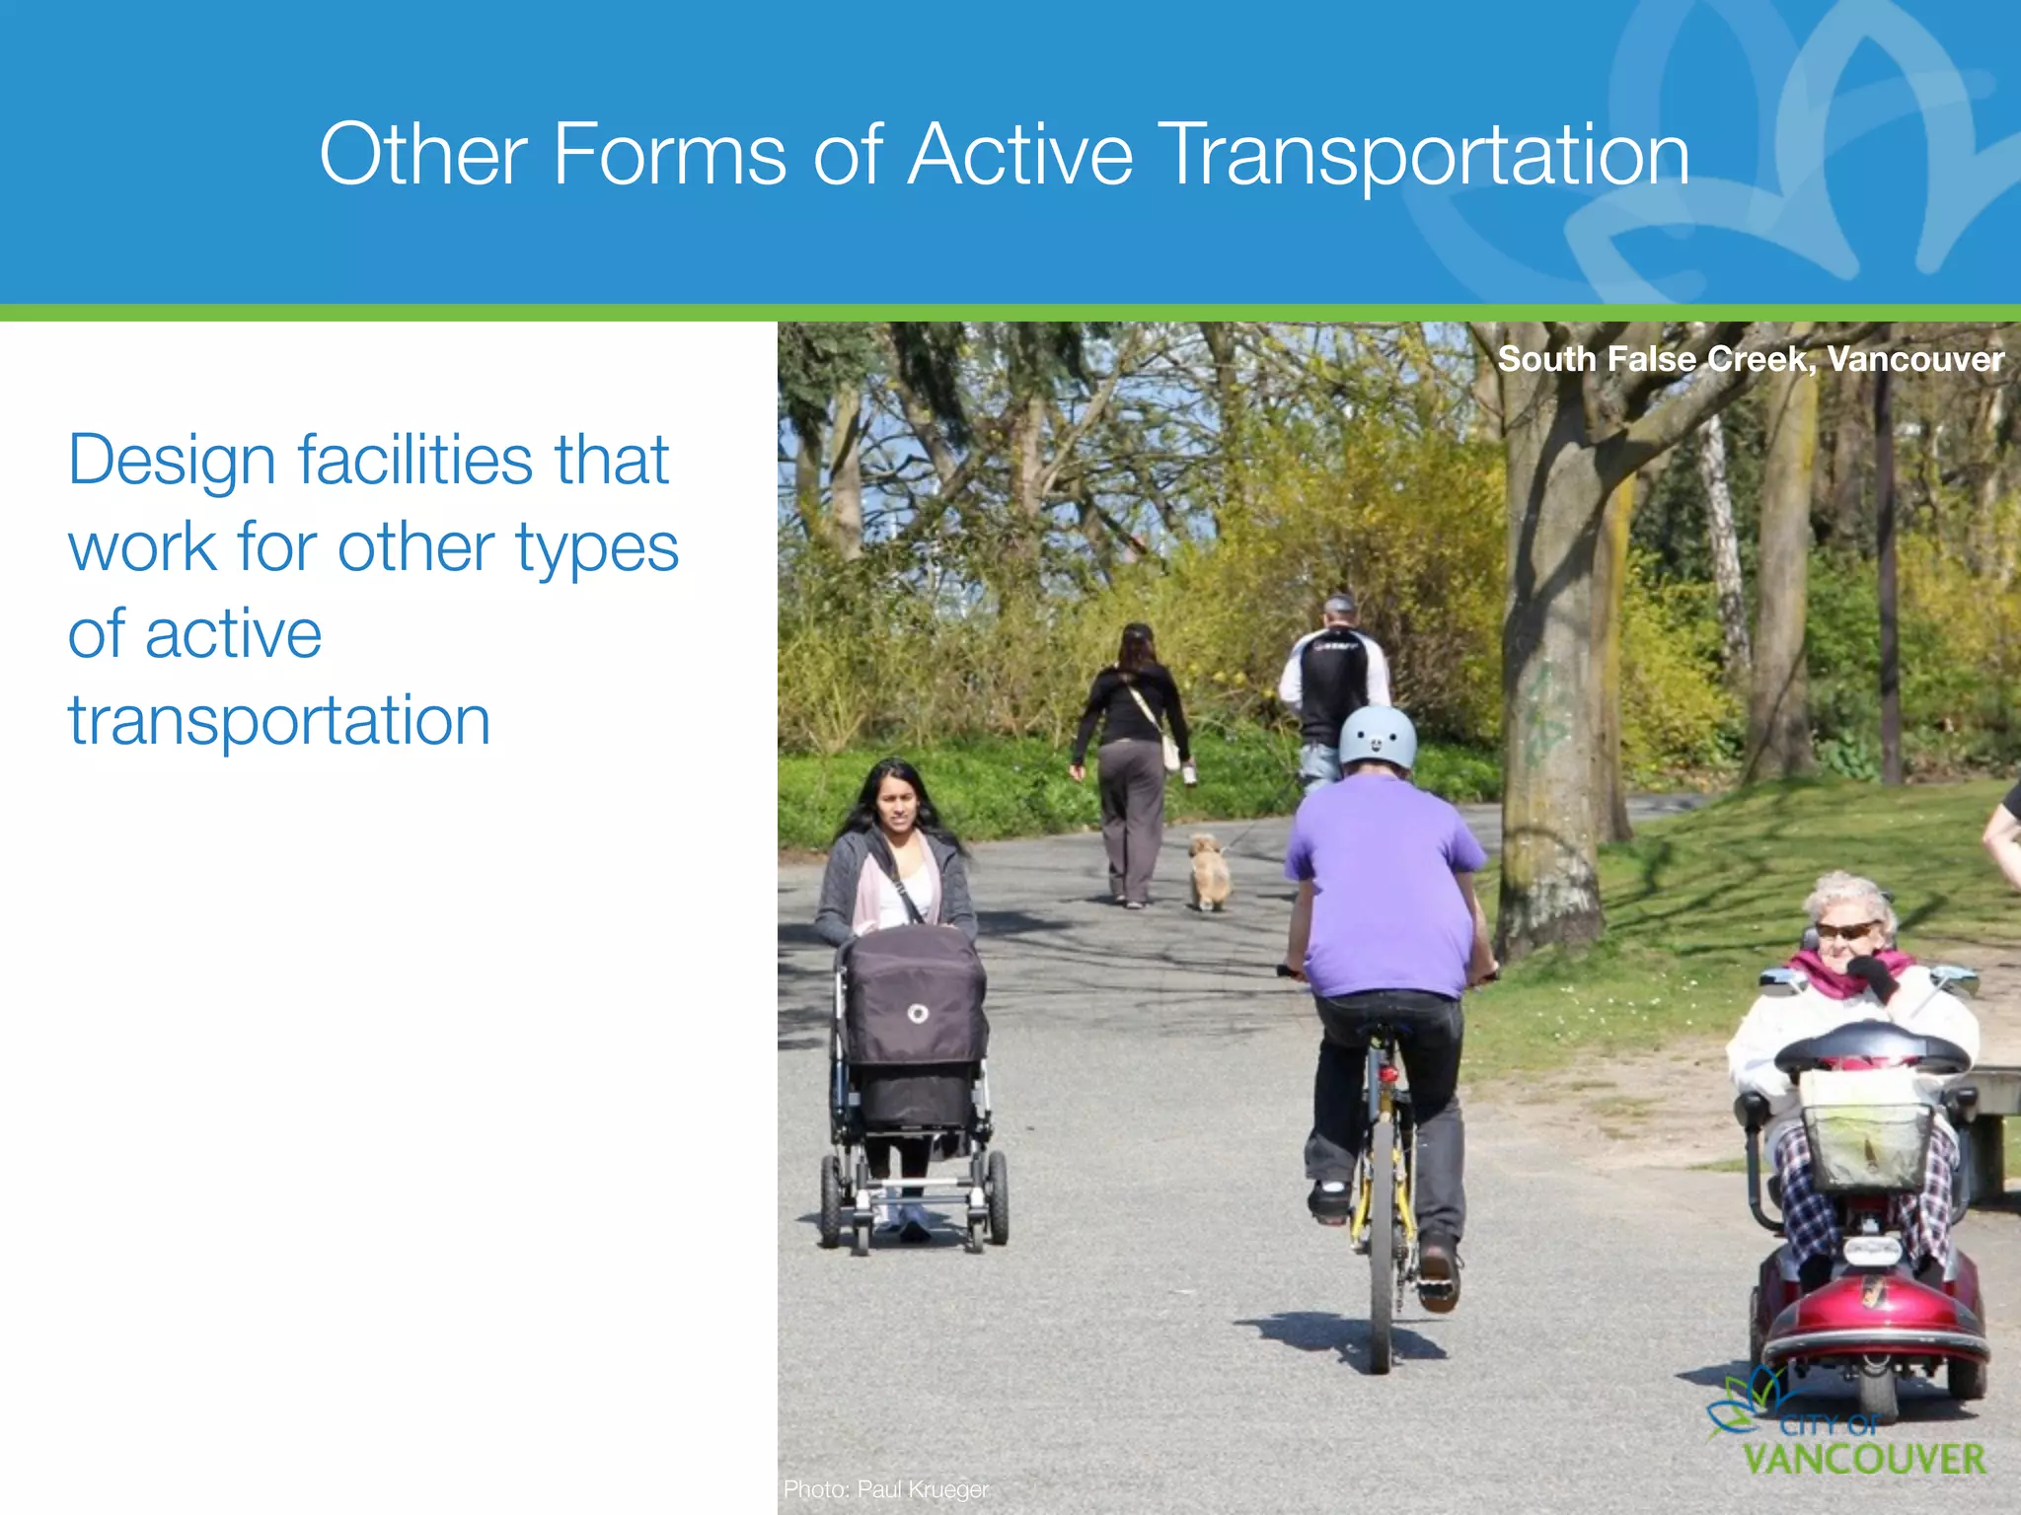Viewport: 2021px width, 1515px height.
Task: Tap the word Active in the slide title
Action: pyautogui.click(x=1019, y=155)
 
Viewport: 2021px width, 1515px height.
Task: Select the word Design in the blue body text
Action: pyautogui.click(x=171, y=462)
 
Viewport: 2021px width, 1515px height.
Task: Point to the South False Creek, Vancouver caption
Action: pyautogui.click(x=1750, y=359)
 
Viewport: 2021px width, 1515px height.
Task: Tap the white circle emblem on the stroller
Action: pyautogui.click(x=917, y=1014)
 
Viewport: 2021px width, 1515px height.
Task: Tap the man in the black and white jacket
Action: pyautogui.click(x=1334, y=690)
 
